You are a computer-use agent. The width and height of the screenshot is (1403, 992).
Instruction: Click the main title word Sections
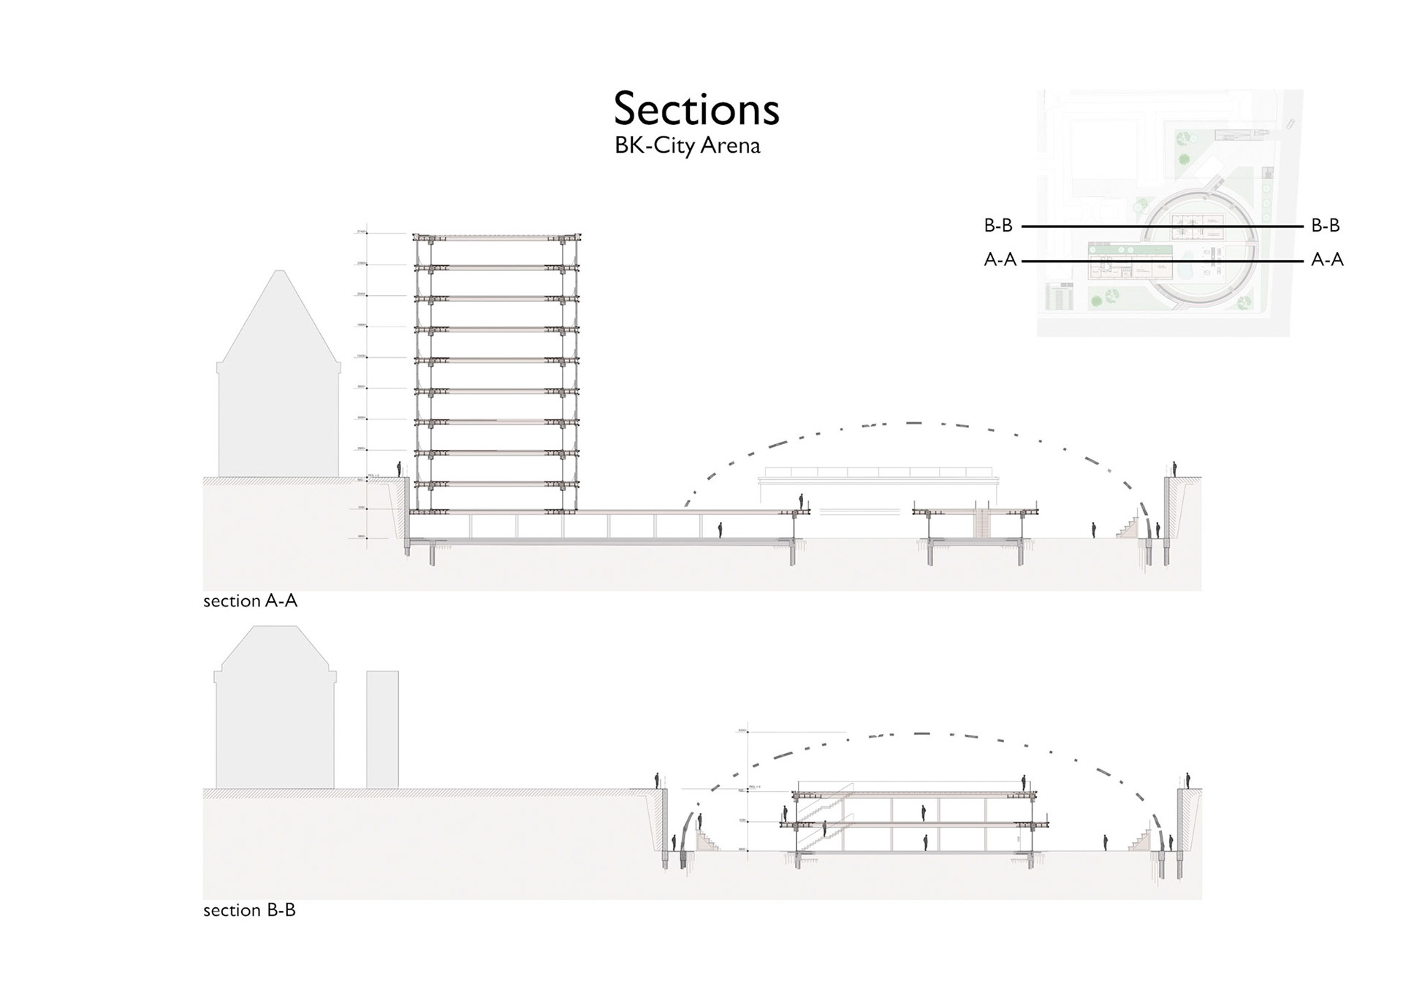coord(696,109)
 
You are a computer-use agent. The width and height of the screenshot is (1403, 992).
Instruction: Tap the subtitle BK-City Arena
coord(687,145)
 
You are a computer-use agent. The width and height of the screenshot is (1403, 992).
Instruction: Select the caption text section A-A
coord(250,601)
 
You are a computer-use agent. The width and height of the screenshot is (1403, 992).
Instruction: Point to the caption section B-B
coord(249,910)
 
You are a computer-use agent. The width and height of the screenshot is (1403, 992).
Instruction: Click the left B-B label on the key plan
coord(998,226)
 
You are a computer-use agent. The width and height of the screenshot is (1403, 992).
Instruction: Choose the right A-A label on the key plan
coord(1327,260)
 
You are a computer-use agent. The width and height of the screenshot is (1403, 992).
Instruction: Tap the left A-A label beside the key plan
coord(1000,260)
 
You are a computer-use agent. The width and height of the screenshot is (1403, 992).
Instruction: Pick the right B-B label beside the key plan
coord(1326,226)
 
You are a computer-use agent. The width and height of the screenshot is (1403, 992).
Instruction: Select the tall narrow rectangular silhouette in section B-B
coord(382,729)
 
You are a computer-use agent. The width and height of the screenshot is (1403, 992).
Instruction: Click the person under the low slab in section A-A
coord(720,530)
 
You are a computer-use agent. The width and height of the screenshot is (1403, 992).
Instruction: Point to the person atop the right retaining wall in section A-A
coord(1174,468)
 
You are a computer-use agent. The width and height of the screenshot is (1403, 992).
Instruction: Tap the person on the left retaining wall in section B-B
coord(657,780)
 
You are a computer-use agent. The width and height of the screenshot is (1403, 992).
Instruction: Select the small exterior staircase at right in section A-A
coord(1128,528)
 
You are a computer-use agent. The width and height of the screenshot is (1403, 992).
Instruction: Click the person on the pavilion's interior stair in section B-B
coord(824,829)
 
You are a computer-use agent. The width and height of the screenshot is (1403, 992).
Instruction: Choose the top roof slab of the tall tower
coord(497,237)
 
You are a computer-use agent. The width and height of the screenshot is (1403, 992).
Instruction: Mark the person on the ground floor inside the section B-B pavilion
coord(925,842)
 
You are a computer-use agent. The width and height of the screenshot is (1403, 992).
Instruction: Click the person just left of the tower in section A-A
coord(399,469)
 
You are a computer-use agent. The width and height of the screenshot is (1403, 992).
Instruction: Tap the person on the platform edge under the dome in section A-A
coord(801,502)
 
